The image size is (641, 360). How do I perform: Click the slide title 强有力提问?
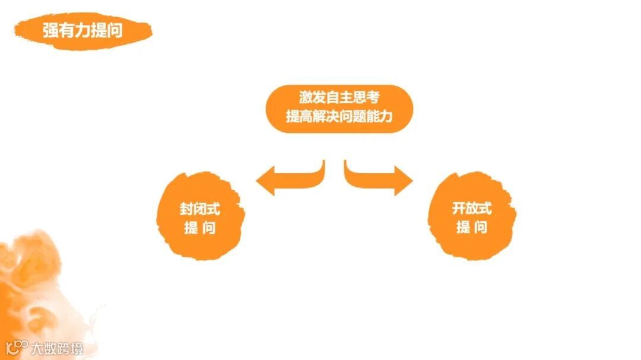(82, 30)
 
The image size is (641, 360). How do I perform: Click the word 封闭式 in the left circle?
(199, 209)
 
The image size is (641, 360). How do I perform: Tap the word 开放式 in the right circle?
(472, 209)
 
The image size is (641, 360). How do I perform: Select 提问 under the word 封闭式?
(199, 228)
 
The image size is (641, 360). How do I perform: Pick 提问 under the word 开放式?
(472, 228)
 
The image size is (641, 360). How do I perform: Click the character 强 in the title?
(50, 30)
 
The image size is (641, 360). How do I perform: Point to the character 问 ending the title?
(115, 30)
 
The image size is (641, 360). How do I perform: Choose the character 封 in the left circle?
(186, 209)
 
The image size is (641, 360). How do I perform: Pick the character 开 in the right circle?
(459, 209)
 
